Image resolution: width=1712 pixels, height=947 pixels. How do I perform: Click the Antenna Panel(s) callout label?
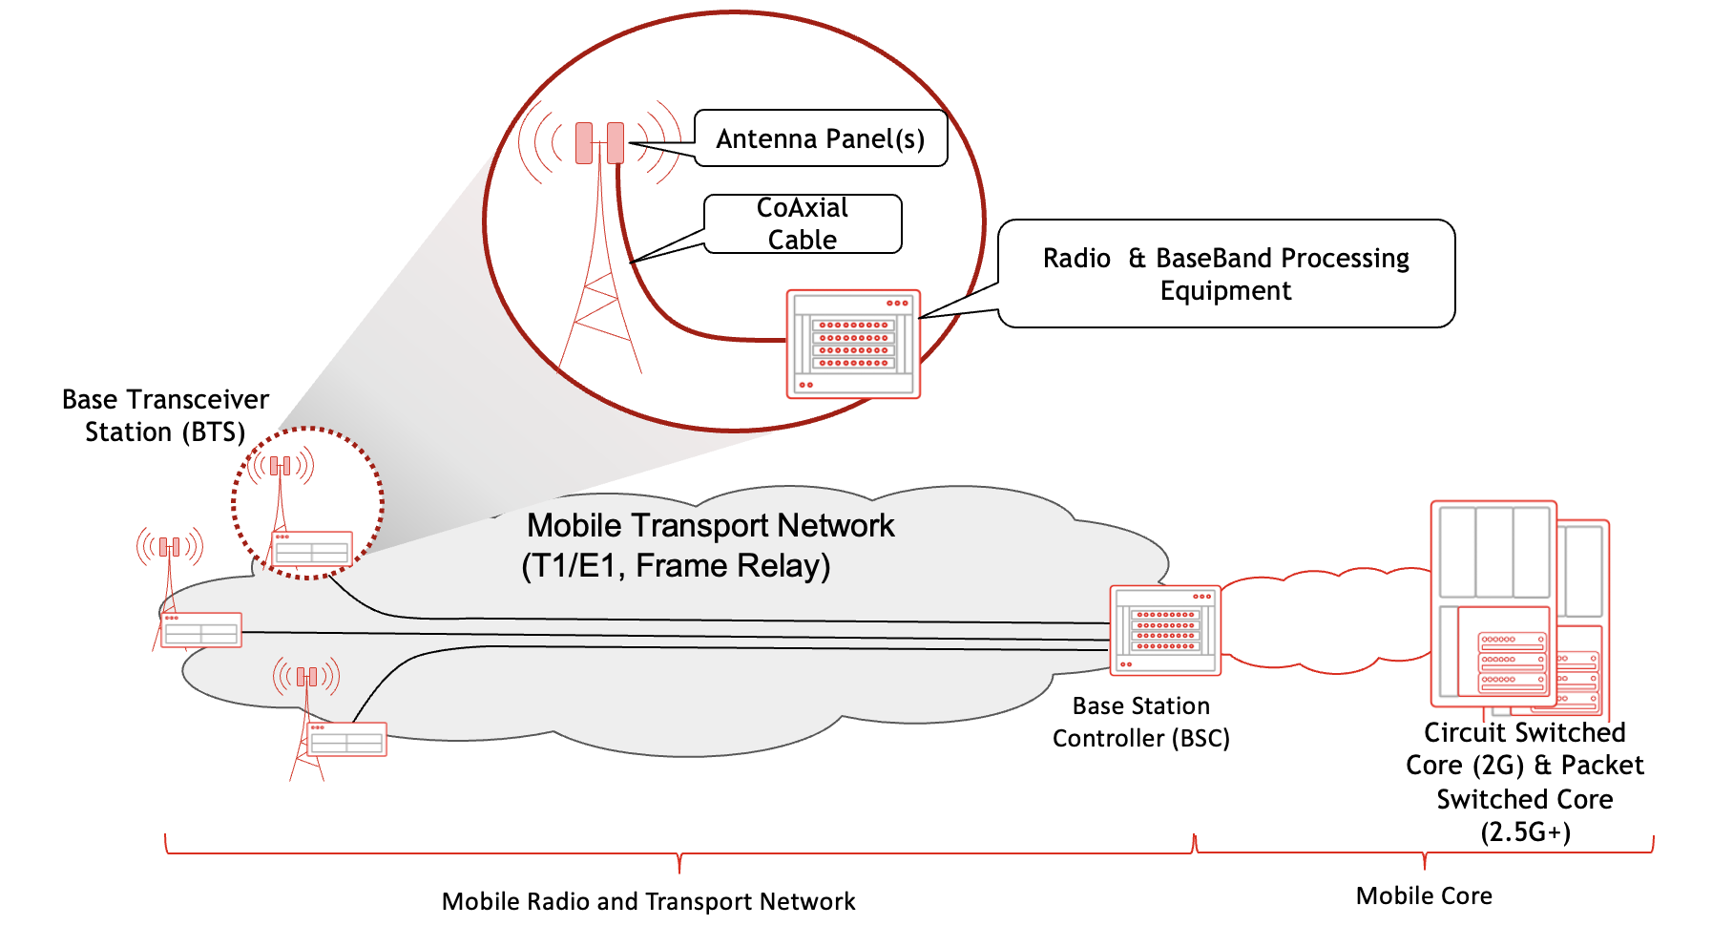(820, 139)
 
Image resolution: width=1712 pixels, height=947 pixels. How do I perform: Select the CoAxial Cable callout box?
(802, 224)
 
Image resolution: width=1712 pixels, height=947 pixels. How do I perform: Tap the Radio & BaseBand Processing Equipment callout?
(1225, 274)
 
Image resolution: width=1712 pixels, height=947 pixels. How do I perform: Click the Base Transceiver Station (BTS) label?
(165, 415)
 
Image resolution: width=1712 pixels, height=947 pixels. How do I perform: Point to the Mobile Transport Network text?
(710, 526)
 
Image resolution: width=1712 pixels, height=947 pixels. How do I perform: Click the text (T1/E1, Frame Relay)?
(676, 566)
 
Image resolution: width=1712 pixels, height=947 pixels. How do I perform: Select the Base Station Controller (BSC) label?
(1140, 722)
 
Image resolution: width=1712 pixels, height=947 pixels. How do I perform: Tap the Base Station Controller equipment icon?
(1165, 630)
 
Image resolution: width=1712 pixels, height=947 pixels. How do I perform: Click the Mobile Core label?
(1423, 895)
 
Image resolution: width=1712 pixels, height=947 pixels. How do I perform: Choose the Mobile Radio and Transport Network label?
(648, 901)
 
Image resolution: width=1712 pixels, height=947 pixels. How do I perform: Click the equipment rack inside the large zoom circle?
(853, 344)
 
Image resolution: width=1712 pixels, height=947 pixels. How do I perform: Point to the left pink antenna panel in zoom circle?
(584, 142)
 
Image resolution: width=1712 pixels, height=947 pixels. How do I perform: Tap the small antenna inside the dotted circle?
(280, 466)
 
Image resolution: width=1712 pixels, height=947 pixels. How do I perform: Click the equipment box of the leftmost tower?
(201, 630)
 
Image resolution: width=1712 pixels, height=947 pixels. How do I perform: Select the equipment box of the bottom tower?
(346, 740)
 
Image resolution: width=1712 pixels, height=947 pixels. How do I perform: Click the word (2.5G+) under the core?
(1524, 831)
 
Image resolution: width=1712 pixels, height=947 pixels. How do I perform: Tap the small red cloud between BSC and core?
(1326, 621)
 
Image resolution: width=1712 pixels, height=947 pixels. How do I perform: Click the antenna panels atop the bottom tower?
(306, 677)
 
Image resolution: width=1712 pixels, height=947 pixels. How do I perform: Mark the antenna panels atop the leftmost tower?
(170, 547)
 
